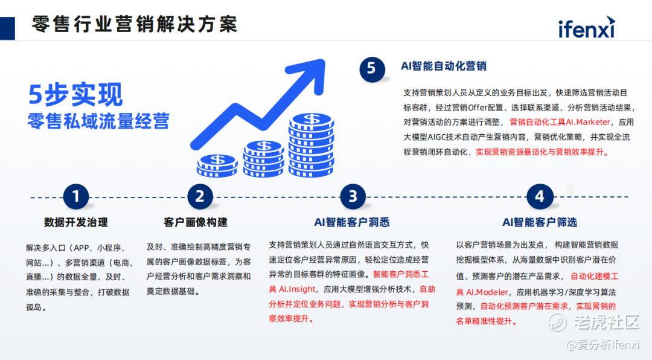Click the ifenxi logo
(586, 27)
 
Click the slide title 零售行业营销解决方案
(134, 24)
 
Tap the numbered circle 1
(75, 196)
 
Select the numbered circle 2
(200, 196)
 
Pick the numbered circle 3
(353, 196)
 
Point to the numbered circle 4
(539, 196)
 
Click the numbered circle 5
(371, 68)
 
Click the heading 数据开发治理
(75, 222)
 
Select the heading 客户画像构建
(196, 222)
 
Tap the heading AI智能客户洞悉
(352, 222)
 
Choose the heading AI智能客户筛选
(540, 222)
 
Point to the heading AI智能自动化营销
(443, 66)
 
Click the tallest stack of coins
(312, 145)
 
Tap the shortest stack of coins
(217, 166)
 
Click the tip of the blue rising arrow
(324, 60)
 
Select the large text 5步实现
(75, 94)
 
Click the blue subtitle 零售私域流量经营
(98, 121)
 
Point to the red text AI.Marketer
(587, 122)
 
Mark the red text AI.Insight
(297, 289)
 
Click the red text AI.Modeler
(487, 292)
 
